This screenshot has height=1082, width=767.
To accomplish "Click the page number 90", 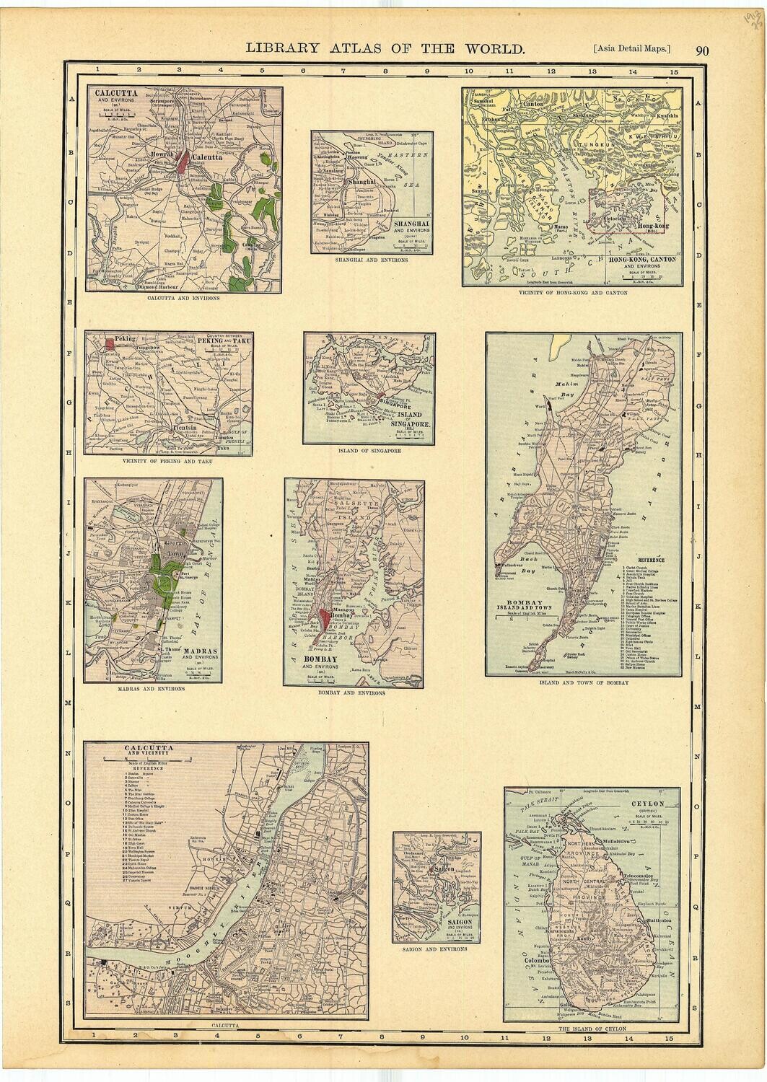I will click(x=702, y=50).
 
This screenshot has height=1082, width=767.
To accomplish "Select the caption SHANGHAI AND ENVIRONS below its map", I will click(x=372, y=260).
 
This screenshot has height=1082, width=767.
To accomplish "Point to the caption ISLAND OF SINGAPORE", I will click(x=369, y=450).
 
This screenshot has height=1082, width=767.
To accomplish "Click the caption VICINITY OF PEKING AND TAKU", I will click(x=167, y=460).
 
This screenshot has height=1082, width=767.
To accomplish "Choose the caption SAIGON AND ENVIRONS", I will click(x=435, y=949).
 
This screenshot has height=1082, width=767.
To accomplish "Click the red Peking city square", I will click(x=110, y=344).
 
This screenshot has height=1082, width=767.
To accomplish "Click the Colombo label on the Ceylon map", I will click(x=538, y=961).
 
